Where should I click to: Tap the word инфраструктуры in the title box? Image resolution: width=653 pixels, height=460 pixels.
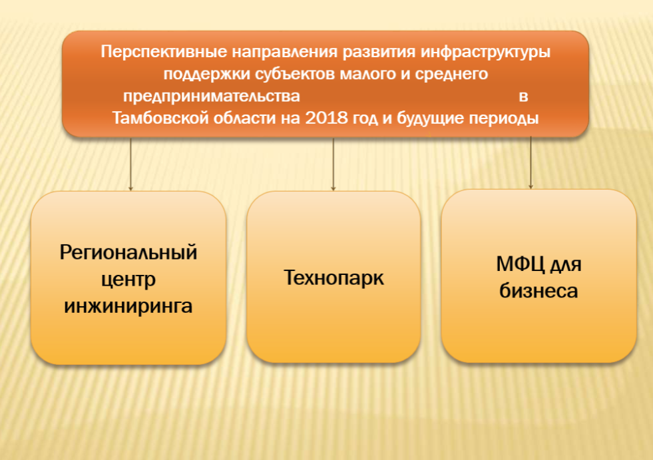pyautogui.click(x=485, y=53)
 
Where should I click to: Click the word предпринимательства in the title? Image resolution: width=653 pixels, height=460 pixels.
pyautogui.click(x=212, y=97)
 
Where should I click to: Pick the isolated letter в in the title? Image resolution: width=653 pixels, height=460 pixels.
pyautogui.click(x=523, y=97)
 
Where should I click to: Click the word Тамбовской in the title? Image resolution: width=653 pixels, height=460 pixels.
pyautogui.click(x=160, y=118)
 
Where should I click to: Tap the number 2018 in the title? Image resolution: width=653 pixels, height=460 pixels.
pyautogui.click(x=326, y=118)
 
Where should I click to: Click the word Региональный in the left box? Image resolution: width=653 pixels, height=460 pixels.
pyautogui.click(x=128, y=253)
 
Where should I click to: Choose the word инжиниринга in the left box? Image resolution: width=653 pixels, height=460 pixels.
pyautogui.click(x=128, y=306)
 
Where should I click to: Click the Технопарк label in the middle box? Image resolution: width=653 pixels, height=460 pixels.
pyautogui.click(x=333, y=278)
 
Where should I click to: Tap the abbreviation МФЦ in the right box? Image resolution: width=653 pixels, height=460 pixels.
pyautogui.click(x=521, y=264)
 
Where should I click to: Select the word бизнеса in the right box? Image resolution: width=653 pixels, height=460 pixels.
pyautogui.click(x=539, y=291)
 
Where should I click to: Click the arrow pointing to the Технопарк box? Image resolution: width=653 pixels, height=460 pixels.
pyautogui.click(x=333, y=164)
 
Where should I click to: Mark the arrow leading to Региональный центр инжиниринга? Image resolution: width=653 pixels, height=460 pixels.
pyautogui.click(x=130, y=164)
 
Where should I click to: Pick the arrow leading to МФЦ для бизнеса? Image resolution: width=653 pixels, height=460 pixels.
pyautogui.click(x=531, y=162)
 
